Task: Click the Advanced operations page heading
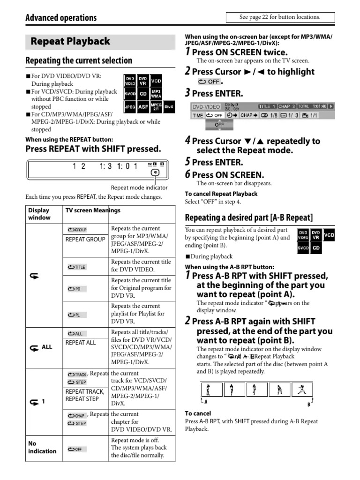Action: [x=61, y=18]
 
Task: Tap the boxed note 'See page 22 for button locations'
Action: [x=280, y=17]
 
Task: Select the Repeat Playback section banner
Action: [x=70, y=41]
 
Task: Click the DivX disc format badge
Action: [x=169, y=107]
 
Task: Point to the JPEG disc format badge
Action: [x=130, y=107]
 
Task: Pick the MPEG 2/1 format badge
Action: [x=156, y=107]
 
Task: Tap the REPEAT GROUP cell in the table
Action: [x=85, y=240]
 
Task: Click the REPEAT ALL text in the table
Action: [x=80, y=343]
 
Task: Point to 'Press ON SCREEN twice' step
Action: [x=240, y=52]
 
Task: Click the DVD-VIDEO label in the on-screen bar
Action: [x=206, y=106]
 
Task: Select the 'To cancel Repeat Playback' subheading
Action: [x=221, y=194]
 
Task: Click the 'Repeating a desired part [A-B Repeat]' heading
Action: [x=249, y=217]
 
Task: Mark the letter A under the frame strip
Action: [x=206, y=402]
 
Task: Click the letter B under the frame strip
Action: [x=309, y=404]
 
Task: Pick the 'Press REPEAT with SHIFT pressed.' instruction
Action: [x=93, y=149]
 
